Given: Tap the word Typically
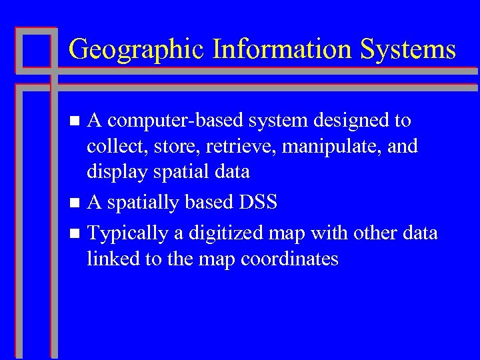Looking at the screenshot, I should pyautogui.click(x=126, y=234).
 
